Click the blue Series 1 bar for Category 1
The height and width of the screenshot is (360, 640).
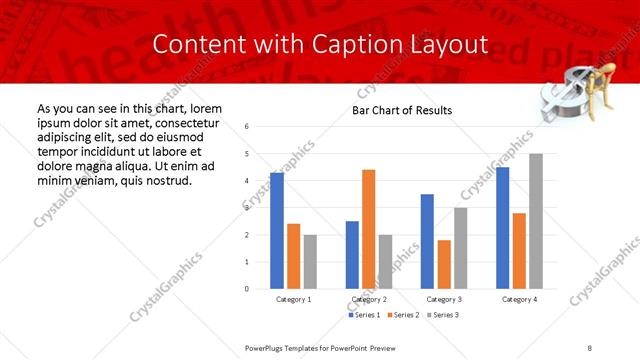pyautogui.click(x=277, y=231)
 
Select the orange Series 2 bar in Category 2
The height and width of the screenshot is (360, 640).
pyautogui.click(x=368, y=229)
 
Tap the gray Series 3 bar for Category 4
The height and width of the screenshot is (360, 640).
pyautogui.click(x=536, y=221)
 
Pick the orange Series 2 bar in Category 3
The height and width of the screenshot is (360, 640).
pyautogui.click(x=444, y=264)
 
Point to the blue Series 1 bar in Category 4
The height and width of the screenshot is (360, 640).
pyautogui.click(x=502, y=228)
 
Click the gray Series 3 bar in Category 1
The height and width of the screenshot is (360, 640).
pyautogui.click(x=310, y=262)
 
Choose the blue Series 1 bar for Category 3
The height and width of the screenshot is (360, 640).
pyautogui.click(x=427, y=241)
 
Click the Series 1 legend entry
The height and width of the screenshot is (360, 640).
pyautogui.click(x=365, y=315)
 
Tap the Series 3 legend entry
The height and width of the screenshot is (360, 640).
pyautogui.click(x=446, y=315)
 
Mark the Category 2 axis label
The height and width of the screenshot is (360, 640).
pyautogui.click(x=369, y=299)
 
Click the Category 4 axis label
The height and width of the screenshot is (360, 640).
pyautogui.click(x=519, y=299)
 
